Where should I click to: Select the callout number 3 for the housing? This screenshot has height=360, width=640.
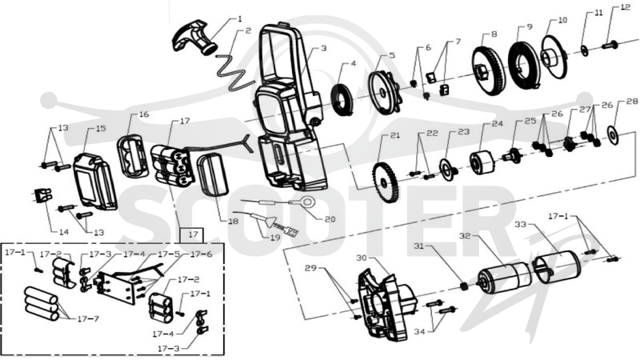[323, 49]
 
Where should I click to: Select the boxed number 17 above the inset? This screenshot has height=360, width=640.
[193, 234]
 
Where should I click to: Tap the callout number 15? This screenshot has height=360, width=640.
[101, 129]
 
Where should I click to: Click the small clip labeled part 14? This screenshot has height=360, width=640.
[43, 195]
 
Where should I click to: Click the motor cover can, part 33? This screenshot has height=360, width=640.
[556, 266]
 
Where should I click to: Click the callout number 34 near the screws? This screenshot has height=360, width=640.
[419, 331]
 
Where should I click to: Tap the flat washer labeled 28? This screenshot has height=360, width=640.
[614, 135]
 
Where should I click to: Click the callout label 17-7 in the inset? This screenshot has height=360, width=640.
[88, 318]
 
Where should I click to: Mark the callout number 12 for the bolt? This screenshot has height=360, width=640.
[625, 7]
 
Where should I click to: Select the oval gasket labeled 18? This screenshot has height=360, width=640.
[212, 174]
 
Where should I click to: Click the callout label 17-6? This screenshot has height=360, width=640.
[202, 254]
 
